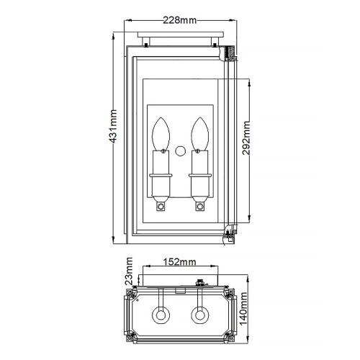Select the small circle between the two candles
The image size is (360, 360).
click(180, 152)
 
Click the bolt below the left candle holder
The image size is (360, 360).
click(161, 207)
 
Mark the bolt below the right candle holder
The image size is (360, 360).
click(199, 207)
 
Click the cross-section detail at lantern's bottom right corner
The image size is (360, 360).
click(228, 231)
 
